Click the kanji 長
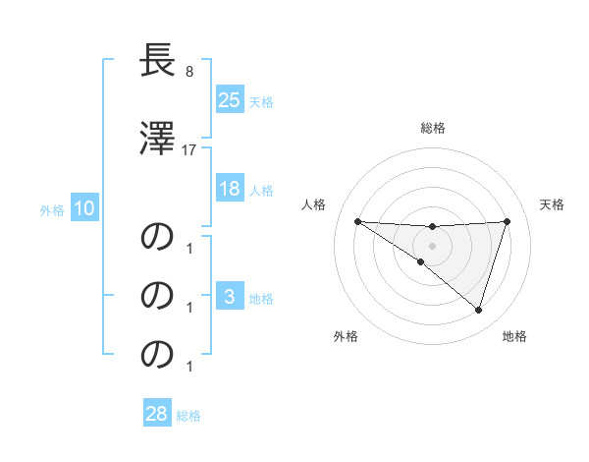158,61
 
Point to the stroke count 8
189,72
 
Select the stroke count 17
190,150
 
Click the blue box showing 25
229,100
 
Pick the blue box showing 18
229,189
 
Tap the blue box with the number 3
229,297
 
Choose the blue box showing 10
83,208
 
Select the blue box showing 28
156,414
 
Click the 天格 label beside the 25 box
261,101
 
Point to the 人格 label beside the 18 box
261,190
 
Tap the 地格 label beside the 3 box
261,298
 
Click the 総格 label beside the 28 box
188,415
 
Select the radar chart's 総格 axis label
433,128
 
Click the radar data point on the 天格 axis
508,221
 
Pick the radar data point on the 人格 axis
357,221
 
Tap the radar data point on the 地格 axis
478,310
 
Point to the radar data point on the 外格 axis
421,262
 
